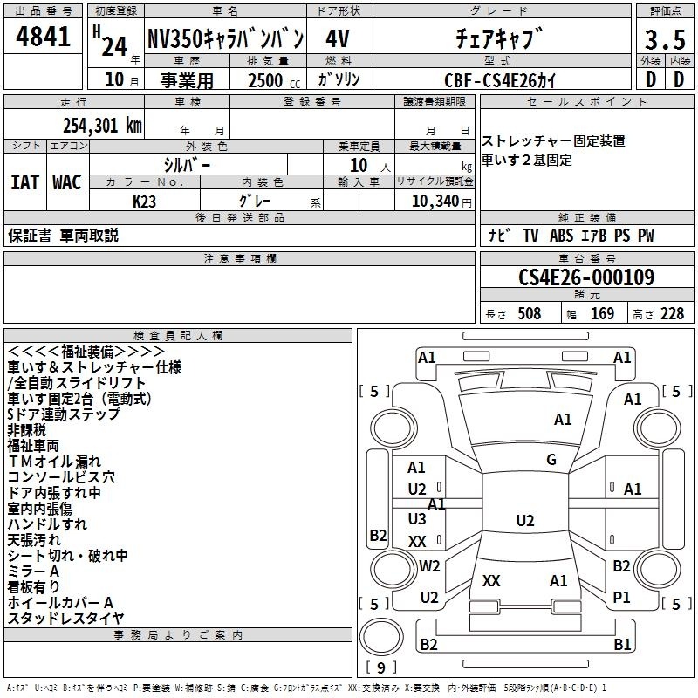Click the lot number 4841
click(x=43, y=37)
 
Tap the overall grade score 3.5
click(x=665, y=39)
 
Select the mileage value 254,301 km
click(x=102, y=126)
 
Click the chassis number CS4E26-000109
click(x=586, y=277)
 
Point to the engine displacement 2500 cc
click(x=274, y=80)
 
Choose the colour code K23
click(x=144, y=202)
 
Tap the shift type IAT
click(x=24, y=182)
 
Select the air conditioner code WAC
click(x=67, y=182)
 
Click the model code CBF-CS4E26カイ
click(x=500, y=80)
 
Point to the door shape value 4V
click(x=338, y=38)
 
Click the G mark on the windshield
click(x=551, y=459)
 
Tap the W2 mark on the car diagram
click(x=429, y=565)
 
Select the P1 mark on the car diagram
click(x=621, y=597)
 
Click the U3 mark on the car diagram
click(x=417, y=518)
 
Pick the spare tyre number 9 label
click(x=381, y=667)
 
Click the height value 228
click(x=672, y=313)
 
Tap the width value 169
click(x=602, y=313)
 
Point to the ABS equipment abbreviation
click(x=561, y=236)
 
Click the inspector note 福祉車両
click(x=33, y=446)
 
